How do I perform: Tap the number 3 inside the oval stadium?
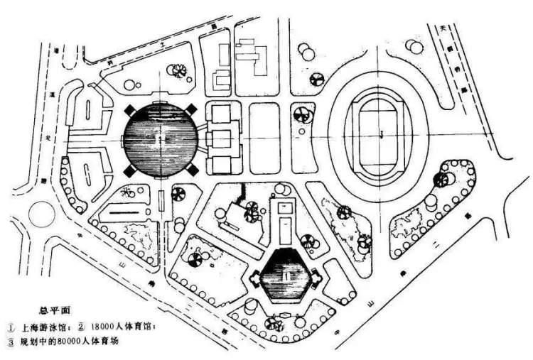click(382, 133)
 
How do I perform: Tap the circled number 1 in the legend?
click(11, 327)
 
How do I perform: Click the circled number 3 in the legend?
click(11, 342)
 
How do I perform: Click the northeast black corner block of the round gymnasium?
click(193, 109)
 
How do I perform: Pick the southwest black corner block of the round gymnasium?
click(128, 172)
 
